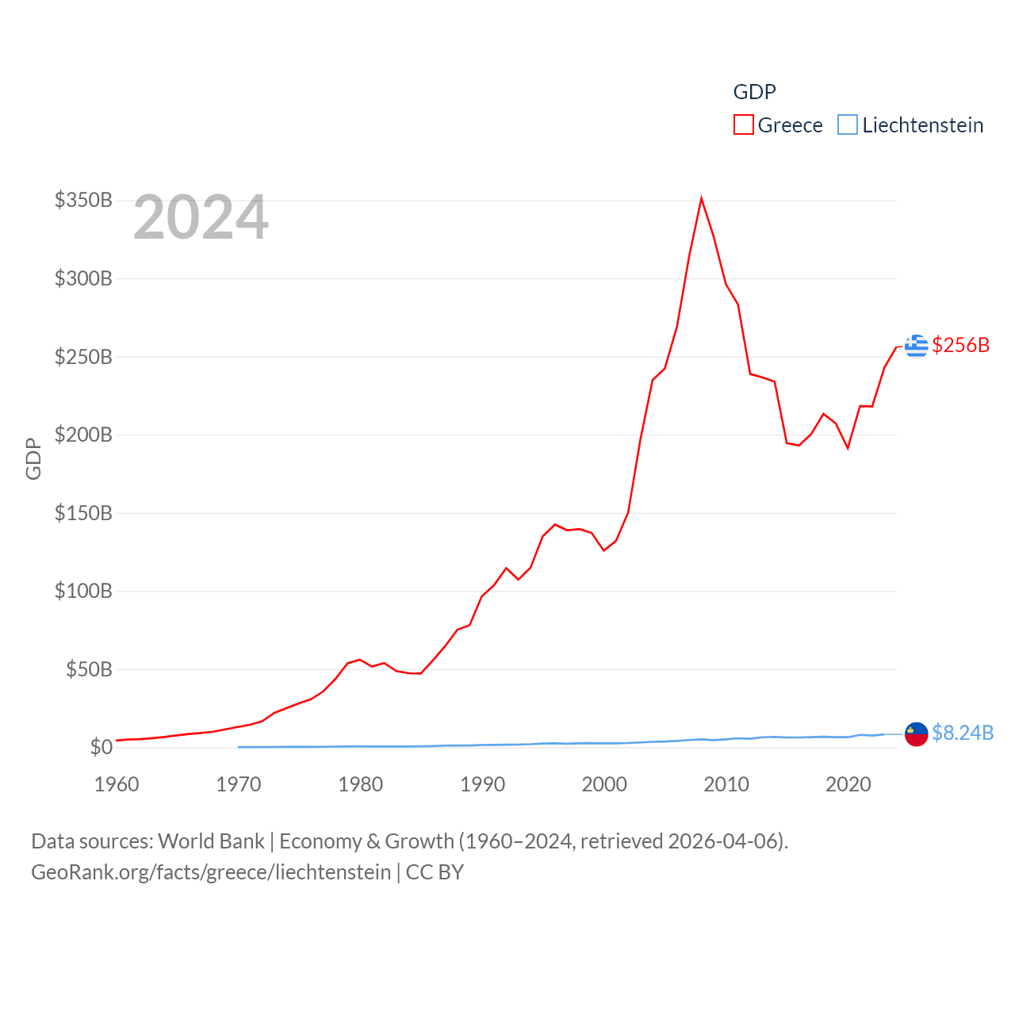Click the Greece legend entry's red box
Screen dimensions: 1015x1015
click(743, 125)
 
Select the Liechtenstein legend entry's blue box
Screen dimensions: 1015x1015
click(848, 125)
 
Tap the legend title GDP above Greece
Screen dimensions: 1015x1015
click(754, 92)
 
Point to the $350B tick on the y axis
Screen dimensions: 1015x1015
click(83, 200)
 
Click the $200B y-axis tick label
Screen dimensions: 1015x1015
click(83, 435)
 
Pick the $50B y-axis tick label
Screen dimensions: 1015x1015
click(89, 669)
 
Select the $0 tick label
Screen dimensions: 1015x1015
click(101, 747)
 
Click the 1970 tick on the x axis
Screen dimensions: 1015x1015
click(239, 784)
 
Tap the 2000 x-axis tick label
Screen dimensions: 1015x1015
click(604, 784)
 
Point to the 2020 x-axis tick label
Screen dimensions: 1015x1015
click(848, 784)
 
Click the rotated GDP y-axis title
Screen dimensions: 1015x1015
click(33, 458)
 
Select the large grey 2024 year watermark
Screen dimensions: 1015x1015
click(201, 217)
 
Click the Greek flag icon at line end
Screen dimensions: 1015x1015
click(917, 346)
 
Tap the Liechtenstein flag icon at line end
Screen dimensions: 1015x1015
click(917, 734)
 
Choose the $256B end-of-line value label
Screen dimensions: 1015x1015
click(961, 345)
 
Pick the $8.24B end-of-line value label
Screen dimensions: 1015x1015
click(963, 733)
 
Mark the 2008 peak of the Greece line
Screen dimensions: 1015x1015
click(701, 198)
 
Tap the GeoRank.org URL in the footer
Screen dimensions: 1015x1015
click(211, 872)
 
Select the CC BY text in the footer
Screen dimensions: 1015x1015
click(435, 872)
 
